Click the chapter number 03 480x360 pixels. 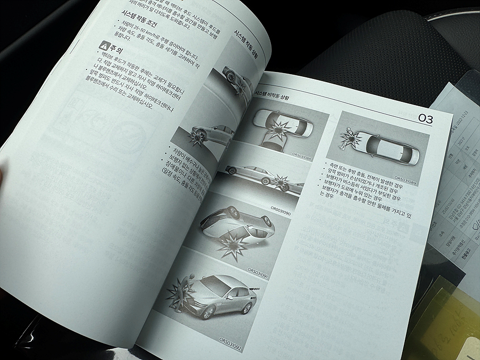426,118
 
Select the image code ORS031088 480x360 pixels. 302,155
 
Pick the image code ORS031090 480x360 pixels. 281,209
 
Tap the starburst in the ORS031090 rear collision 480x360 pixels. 278,182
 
